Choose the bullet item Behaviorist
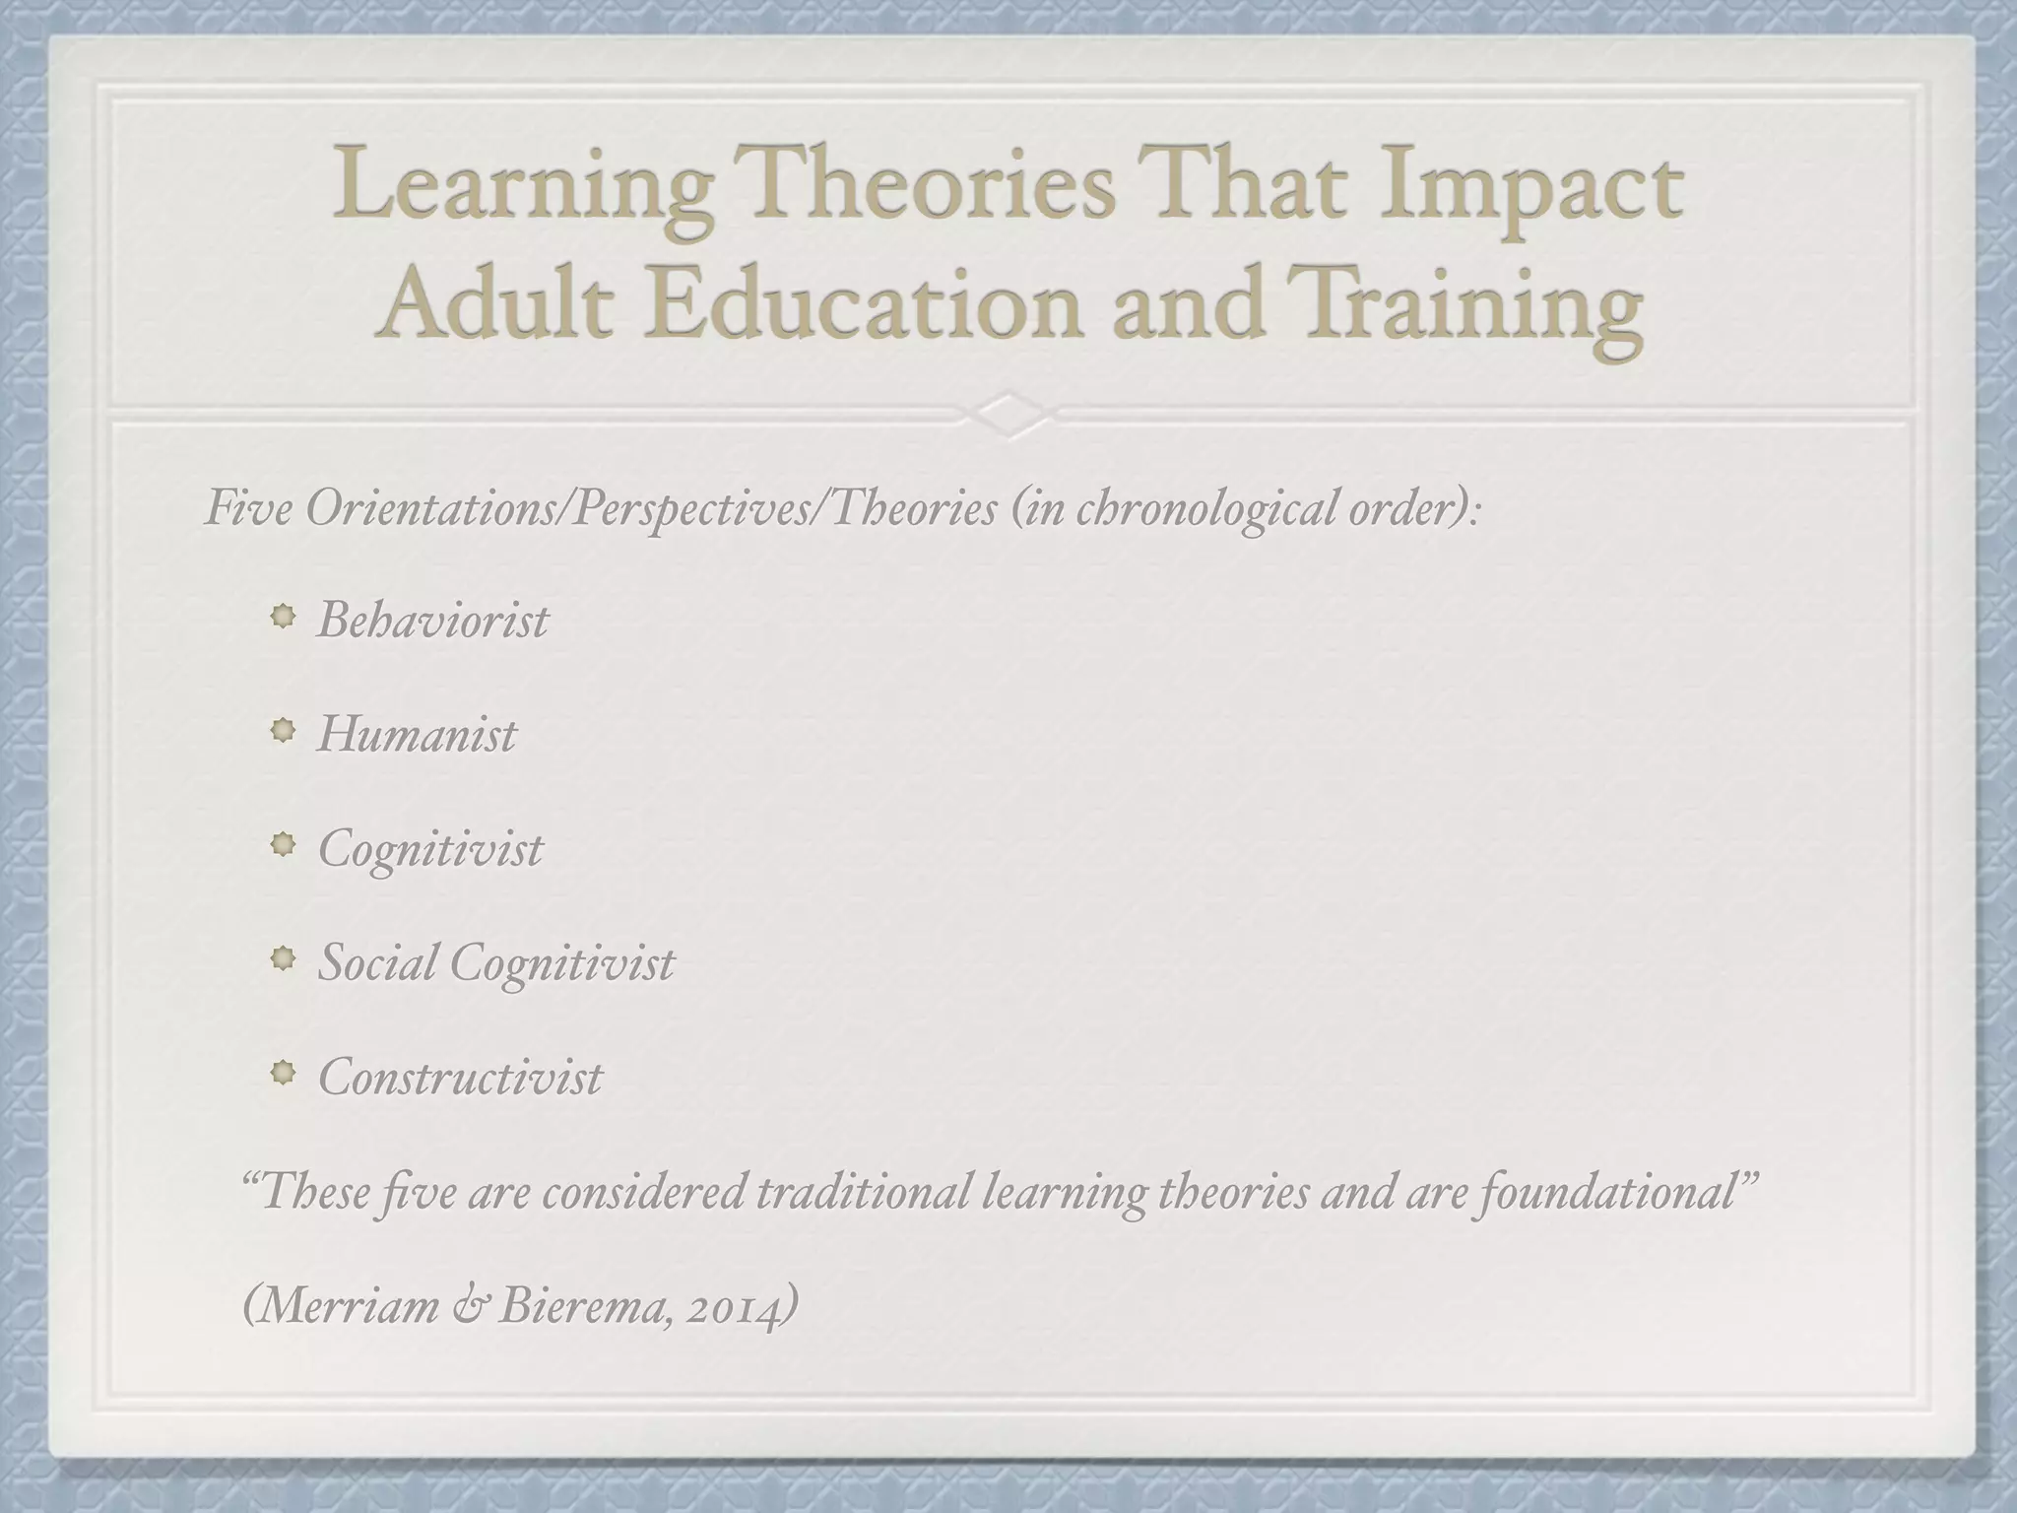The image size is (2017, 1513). pos(432,621)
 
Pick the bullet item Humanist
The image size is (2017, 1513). pos(417,735)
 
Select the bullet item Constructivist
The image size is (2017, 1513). pos(460,1077)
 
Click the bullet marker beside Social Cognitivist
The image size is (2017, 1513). pos(284,959)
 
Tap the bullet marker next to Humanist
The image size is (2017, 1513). pos(284,732)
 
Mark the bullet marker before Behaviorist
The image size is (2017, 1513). pos(284,618)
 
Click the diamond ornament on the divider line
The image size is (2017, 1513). pos(1008,414)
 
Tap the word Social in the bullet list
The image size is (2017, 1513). pos(376,962)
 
